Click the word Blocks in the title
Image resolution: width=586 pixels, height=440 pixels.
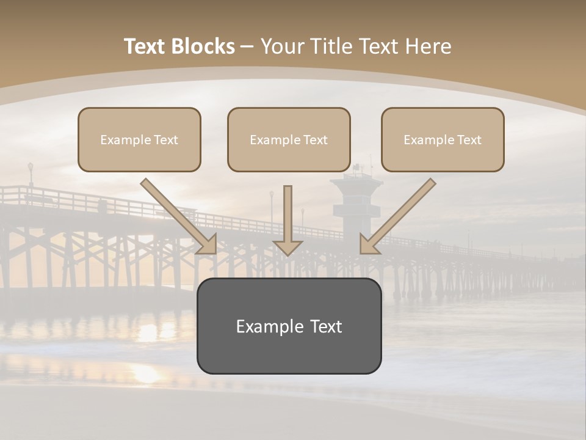click(204, 46)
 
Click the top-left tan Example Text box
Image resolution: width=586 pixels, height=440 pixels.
click(139, 139)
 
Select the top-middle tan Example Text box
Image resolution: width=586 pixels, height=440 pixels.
click(289, 139)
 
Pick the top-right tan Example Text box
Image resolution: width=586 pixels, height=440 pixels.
click(443, 139)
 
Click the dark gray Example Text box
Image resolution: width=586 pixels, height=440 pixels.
click(289, 326)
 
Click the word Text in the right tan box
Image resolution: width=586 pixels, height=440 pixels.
click(469, 139)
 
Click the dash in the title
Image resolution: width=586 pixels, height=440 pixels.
click(247, 46)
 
